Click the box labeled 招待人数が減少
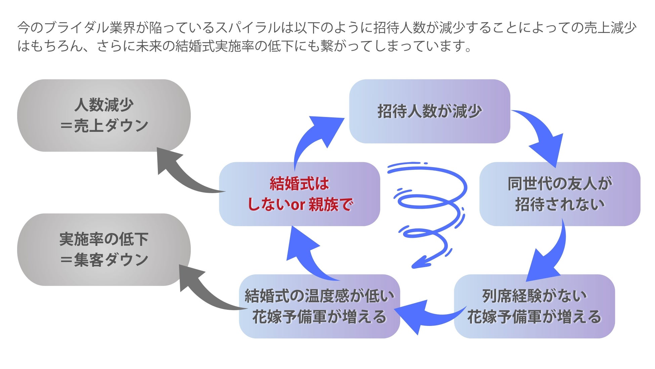pyautogui.click(x=430, y=111)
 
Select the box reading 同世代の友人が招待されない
pyautogui.click(x=560, y=194)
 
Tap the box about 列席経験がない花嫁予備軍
pyautogui.click(x=534, y=306)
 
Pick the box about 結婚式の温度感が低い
pyautogui.click(x=319, y=306)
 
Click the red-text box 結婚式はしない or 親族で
pyautogui.click(x=299, y=194)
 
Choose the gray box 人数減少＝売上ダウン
pyautogui.click(x=104, y=115)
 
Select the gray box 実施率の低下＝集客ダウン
pyautogui.click(x=104, y=250)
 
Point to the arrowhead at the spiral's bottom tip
pyautogui.click(x=417, y=264)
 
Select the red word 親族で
pyautogui.click(x=331, y=205)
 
